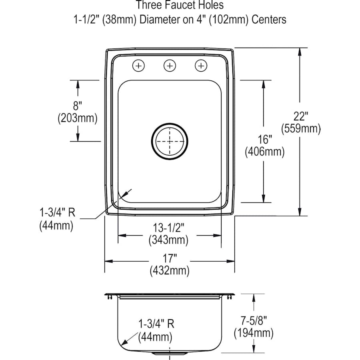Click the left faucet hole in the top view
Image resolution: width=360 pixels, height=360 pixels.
[138, 65]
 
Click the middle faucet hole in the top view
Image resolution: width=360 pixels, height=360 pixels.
[170, 65]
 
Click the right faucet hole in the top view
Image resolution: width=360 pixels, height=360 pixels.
[201, 65]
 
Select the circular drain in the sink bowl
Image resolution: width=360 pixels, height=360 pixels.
[170, 141]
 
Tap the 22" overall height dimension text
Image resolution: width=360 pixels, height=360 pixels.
[300, 116]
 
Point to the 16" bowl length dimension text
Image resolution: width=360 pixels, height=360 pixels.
[264, 140]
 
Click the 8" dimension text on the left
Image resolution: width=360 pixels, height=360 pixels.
[78, 106]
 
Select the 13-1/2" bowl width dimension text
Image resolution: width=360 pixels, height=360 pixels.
[169, 228]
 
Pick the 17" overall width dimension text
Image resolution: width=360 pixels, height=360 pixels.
[169, 258]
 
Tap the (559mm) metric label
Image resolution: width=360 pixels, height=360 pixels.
[300, 129]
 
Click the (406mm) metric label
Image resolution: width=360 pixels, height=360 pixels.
[264, 152]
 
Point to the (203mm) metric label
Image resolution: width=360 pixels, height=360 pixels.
[78, 118]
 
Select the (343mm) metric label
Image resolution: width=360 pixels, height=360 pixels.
[169, 240]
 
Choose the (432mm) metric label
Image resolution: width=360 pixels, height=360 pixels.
[169, 271]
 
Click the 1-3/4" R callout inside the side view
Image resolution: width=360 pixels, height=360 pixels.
[156, 324]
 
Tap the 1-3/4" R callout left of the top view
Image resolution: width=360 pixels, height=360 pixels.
[57, 212]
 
